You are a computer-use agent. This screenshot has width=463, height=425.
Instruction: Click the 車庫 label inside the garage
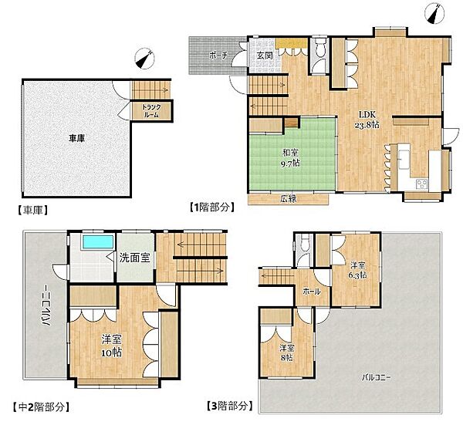click(x=76, y=138)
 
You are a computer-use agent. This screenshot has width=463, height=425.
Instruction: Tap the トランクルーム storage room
click(x=151, y=111)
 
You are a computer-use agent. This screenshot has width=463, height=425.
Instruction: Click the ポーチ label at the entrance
click(x=218, y=56)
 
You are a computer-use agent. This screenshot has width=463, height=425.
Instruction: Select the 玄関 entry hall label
click(x=264, y=56)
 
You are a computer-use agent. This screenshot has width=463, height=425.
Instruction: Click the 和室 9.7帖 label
click(x=290, y=158)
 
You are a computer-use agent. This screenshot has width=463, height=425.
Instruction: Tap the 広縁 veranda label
click(x=288, y=199)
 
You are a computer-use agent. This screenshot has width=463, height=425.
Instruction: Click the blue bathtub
click(x=98, y=241)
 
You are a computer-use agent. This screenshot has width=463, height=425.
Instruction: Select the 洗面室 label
click(x=134, y=258)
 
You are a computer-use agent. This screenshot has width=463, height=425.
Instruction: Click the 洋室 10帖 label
click(x=111, y=346)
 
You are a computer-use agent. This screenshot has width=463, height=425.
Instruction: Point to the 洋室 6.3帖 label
click(x=357, y=270)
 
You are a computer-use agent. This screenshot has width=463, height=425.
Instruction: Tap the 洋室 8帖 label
click(x=287, y=353)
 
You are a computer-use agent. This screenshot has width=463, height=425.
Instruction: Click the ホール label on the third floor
click(x=312, y=292)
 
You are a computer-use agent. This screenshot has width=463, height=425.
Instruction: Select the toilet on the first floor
click(x=319, y=47)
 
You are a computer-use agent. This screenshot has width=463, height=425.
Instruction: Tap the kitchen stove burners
click(x=421, y=184)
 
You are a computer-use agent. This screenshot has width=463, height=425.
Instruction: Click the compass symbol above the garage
click(x=145, y=59)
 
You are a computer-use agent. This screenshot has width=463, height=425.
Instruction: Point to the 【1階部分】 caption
click(x=212, y=207)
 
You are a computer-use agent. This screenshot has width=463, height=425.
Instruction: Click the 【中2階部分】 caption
click(x=41, y=407)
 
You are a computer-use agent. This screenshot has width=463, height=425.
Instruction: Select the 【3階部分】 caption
click(x=230, y=406)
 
